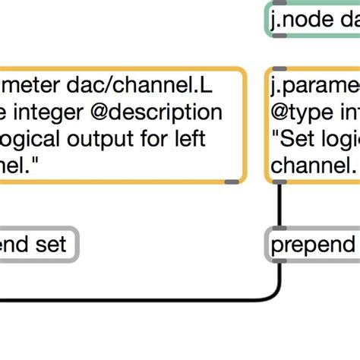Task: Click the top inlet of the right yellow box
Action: pos(279,69)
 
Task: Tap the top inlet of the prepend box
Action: pos(279,228)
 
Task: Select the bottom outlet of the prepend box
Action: pos(279,261)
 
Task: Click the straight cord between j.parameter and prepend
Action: pos(279,205)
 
